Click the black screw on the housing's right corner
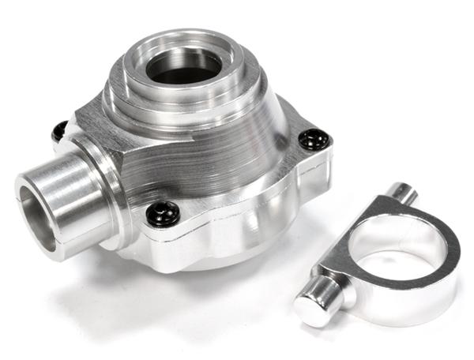point(313,140)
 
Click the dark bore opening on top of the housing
point(184,66)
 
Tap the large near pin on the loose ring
point(324,297)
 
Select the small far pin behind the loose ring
point(403,192)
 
